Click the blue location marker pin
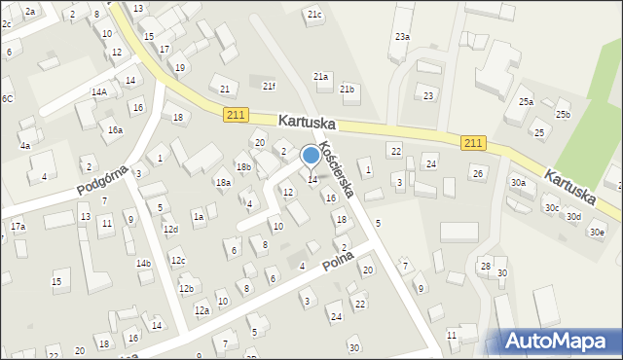[311, 156]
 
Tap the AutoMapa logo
[560, 341]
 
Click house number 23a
[402, 37]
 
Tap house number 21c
[313, 15]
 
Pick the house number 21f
[269, 86]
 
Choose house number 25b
[563, 115]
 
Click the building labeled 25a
[526, 102]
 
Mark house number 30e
[596, 233]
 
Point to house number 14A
[99, 91]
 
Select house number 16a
[115, 130]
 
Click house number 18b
[243, 167]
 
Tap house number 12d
[171, 230]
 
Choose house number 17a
[18, 227]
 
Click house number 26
[477, 174]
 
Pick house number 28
[485, 267]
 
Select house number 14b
[144, 264]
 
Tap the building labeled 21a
[320, 77]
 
